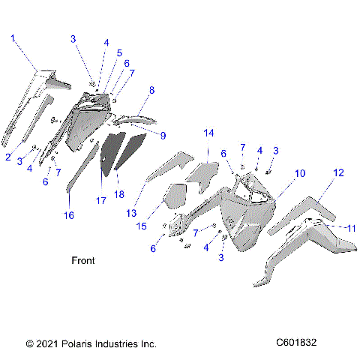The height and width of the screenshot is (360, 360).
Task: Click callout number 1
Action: click(x=13, y=37)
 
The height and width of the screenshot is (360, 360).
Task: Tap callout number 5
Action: click(x=118, y=53)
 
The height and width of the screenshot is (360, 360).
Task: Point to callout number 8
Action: click(x=151, y=90)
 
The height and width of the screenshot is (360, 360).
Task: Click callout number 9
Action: click(x=163, y=135)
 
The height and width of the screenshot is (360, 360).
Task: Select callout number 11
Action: click(x=350, y=227)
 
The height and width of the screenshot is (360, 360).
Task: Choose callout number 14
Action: click(x=209, y=133)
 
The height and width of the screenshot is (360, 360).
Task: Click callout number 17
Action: click(x=100, y=201)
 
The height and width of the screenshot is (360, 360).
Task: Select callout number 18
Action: click(x=118, y=195)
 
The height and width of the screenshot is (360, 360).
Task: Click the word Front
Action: click(x=82, y=261)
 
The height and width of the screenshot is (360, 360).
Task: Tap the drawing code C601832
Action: click(x=295, y=343)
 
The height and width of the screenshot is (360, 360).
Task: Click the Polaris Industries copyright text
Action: click(x=91, y=343)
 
